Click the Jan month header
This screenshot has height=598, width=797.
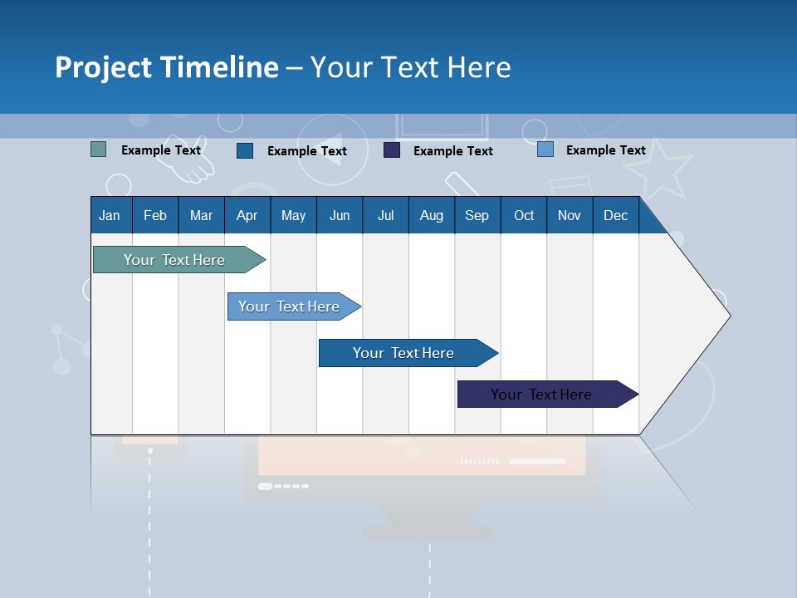110,215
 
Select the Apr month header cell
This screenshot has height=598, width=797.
247,215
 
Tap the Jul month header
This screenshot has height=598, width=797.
385,215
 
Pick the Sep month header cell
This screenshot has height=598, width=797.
477,215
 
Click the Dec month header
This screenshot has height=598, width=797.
615,215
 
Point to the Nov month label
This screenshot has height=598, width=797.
569,215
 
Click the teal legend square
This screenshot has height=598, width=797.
98,149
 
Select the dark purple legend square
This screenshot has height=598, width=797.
391,150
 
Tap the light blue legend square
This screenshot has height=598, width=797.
545,149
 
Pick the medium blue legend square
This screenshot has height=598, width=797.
244,150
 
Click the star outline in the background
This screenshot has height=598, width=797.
658,169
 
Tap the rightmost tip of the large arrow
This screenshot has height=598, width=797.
729,315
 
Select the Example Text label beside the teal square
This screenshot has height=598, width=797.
161,150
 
